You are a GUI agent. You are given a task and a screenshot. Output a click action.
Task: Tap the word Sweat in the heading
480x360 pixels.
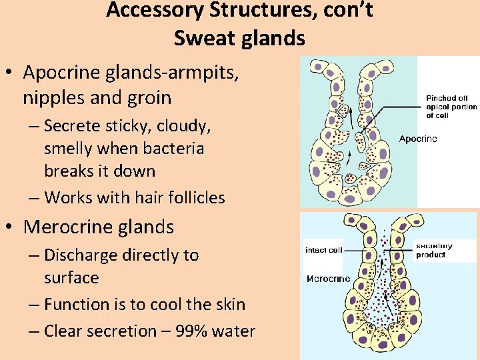[x=201, y=39]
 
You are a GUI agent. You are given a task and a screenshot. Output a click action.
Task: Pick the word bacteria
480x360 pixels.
[x=173, y=148]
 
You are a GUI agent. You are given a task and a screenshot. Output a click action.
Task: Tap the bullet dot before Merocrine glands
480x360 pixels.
[x=12, y=227]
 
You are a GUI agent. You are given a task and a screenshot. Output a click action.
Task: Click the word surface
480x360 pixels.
[x=71, y=277]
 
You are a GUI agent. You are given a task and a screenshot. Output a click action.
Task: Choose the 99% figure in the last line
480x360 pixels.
[x=187, y=331]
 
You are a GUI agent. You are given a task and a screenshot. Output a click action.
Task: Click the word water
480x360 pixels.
[x=233, y=331]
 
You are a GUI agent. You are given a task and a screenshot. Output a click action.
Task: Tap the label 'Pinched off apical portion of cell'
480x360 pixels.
[x=451, y=107]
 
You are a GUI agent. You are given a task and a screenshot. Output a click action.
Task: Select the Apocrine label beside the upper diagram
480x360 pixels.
[x=418, y=139]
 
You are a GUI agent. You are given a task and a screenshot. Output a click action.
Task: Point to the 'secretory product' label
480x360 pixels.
[x=434, y=250]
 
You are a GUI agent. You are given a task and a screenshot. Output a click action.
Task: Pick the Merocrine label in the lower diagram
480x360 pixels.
[x=328, y=279]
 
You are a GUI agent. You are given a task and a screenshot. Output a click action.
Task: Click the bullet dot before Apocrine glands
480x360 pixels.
[x=12, y=72]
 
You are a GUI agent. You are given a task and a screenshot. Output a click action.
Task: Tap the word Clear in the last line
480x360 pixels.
[x=65, y=331]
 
